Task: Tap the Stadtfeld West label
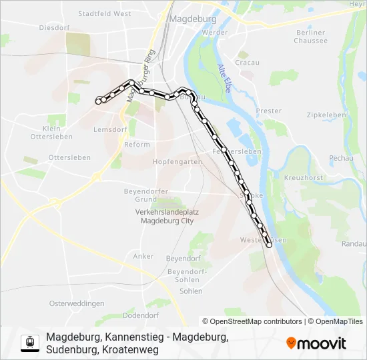[x=104, y=13]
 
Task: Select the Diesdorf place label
[x=55, y=28]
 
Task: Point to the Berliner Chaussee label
[x=311, y=36]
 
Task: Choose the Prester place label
[x=269, y=111]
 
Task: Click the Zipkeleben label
[x=327, y=115]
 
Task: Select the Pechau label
[x=341, y=157]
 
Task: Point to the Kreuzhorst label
[x=304, y=178]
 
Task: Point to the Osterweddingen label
[x=77, y=303]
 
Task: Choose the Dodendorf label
[x=141, y=315]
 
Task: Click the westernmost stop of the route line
[x=99, y=101]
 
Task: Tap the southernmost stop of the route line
[x=269, y=245]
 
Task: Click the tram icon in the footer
[x=29, y=343]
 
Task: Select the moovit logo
[x=316, y=343]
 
